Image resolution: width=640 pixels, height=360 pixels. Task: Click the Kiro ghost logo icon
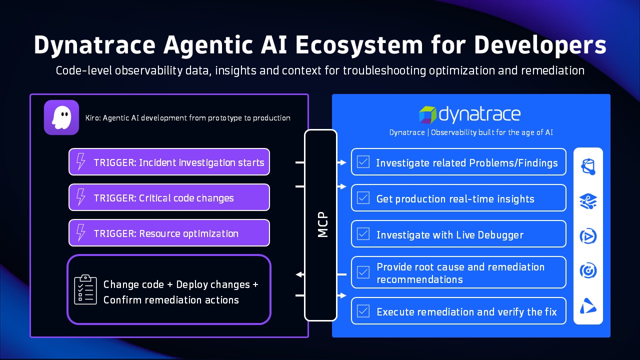(61, 117)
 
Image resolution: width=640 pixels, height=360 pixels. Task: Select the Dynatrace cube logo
(427, 114)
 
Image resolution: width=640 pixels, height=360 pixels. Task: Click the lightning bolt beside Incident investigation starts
(80, 162)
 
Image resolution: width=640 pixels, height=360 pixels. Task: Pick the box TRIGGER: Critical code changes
(169, 197)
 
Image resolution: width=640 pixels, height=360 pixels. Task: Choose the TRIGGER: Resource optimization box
(169, 233)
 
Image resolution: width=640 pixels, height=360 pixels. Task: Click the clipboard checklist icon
(85, 289)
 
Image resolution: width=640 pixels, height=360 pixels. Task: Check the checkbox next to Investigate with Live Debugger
(363, 234)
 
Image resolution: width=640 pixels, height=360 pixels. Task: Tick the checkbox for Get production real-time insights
(363, 198)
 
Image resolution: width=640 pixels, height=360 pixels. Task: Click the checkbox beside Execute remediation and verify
(363, 311)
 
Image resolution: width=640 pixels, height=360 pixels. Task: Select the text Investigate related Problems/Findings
(466, 162)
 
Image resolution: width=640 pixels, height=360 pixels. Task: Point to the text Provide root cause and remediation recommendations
(460, 273)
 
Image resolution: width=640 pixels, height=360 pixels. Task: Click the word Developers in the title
(540, 45)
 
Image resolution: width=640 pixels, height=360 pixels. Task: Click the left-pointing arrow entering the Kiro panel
(299, 274)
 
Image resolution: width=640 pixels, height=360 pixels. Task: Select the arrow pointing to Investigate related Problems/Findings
(342, 162)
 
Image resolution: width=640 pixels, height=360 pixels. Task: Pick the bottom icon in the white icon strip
(588, 305)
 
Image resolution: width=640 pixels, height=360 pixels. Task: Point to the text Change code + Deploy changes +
(180, 284)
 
